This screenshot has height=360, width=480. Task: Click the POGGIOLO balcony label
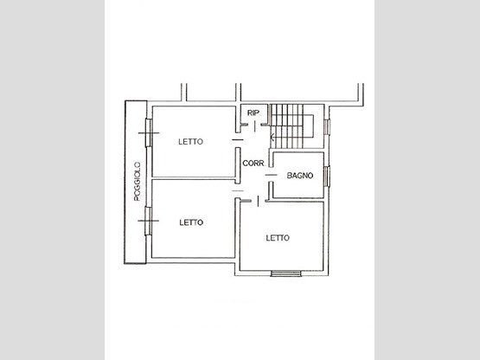point(138,182)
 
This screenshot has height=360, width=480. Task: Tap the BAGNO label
point(300,176)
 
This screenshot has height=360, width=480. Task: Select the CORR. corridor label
point(253,164)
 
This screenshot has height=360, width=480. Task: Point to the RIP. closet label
point(253,112)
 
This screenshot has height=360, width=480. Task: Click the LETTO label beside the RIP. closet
point(191,142)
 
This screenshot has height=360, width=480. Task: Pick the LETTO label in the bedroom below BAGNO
point(278,238)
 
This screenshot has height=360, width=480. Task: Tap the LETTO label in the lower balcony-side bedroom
point(191,222)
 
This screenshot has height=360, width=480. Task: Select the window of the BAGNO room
point(327,177)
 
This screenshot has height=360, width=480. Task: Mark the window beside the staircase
point(327,127)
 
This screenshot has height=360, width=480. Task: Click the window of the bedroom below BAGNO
point(286,273)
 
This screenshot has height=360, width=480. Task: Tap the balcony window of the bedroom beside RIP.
point(149,132)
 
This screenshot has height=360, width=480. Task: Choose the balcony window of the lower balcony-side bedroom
point(148,221)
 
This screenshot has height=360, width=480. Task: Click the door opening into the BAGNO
point(271,175)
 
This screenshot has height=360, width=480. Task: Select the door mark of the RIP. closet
point(255,126)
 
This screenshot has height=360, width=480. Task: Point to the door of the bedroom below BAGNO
point(258,201)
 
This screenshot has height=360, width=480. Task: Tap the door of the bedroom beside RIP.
point(238,140)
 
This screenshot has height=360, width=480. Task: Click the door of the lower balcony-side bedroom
point(238,190)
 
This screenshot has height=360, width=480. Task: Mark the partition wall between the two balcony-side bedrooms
point(194,178)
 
